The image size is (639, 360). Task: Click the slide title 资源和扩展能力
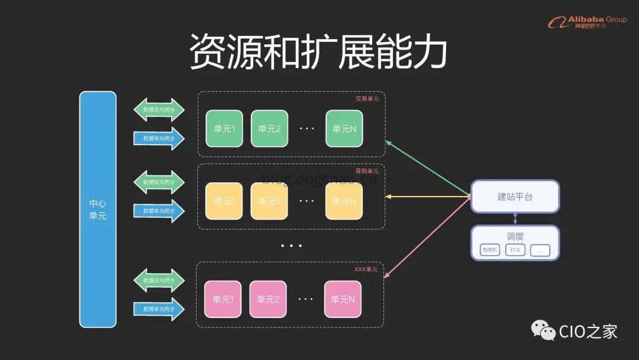click(318, 52)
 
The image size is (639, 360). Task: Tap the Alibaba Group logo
click(587, 22)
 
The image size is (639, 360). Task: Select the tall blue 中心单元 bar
click(98, 209)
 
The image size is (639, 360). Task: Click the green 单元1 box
click(224, 128)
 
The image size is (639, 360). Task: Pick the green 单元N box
click(344, 128)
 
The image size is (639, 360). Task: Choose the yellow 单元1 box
click(224, 201)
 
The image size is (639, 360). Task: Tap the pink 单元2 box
click(268, 299)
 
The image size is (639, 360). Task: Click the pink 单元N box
click(343, 299)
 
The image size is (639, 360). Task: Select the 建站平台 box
click(515, 197)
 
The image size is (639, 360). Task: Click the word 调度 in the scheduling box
click(515, 236)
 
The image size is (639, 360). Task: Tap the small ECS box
click(515, 250)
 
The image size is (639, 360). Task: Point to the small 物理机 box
click(490, 250)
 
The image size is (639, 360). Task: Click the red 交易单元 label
click(367, 99)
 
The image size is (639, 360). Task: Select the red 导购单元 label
click(367, 171)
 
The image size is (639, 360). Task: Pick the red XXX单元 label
click(366, 269)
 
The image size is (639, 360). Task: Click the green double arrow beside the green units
click(159, 110)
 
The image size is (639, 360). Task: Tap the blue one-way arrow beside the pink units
click(159, 309)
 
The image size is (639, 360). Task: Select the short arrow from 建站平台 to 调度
click(515, 218)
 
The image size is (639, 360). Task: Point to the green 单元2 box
click(269, 128)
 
